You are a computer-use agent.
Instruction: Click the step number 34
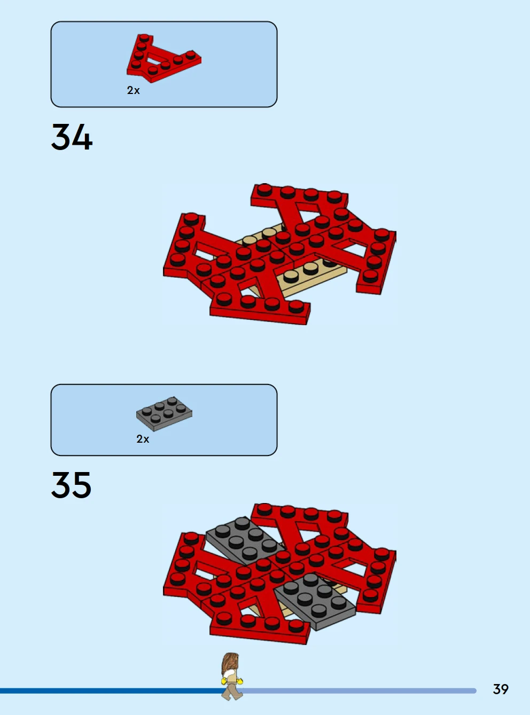(72, 137)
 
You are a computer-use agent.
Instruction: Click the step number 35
(71, 485)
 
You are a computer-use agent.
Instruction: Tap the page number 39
(501, 689)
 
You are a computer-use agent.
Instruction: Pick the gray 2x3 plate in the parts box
(164, 414)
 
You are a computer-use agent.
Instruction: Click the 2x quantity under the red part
(133, 90)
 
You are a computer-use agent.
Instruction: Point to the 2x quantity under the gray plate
(143, 439)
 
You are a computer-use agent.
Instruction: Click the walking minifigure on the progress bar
(232, 677)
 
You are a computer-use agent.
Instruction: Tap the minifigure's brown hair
(229, 664)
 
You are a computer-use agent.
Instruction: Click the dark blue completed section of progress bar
(111, 691)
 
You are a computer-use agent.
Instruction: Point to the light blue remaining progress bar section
(358, 691)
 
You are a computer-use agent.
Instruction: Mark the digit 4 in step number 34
(83, 137)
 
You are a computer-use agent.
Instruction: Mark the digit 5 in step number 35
(82, 485)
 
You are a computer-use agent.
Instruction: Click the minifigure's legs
(232, 692)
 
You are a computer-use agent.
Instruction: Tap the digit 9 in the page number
(505, 689)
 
